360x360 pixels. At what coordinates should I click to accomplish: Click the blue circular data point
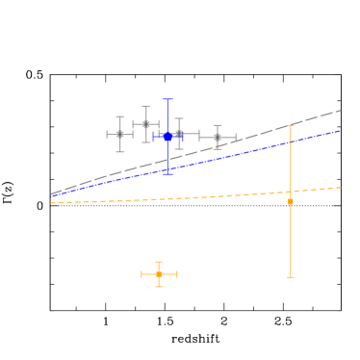pos(167,137)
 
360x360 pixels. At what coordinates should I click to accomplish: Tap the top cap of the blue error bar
pos(167,99)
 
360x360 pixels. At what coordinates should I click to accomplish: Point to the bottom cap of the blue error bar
pos(167,173)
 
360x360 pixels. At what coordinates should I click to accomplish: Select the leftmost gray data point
pos(120,134)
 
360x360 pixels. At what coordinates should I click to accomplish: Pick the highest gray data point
pos(146,124)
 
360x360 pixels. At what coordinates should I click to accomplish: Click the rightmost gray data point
pos(218,138)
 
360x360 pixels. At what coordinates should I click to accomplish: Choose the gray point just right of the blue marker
pos(179,134)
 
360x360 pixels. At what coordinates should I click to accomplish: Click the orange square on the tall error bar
pos(290,201)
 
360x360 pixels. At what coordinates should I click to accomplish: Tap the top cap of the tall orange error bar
pos(290,125)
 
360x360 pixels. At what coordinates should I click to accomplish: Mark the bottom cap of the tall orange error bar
pos(290,277)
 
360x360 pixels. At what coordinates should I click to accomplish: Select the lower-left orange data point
pos(159,274)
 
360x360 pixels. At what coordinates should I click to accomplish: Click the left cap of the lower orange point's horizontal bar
pos(141,274)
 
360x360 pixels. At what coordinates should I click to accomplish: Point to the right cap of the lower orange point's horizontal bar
pos(177,274)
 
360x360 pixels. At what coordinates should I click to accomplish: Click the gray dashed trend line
pos(241,141)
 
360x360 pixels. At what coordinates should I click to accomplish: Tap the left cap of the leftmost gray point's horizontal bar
pos(107,134)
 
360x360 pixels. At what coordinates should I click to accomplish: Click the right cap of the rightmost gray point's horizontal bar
pos(236,138)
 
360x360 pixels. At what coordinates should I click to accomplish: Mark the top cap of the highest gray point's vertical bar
pos(146,106)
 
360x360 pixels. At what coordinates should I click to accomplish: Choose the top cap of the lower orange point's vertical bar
pos(159,262)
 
